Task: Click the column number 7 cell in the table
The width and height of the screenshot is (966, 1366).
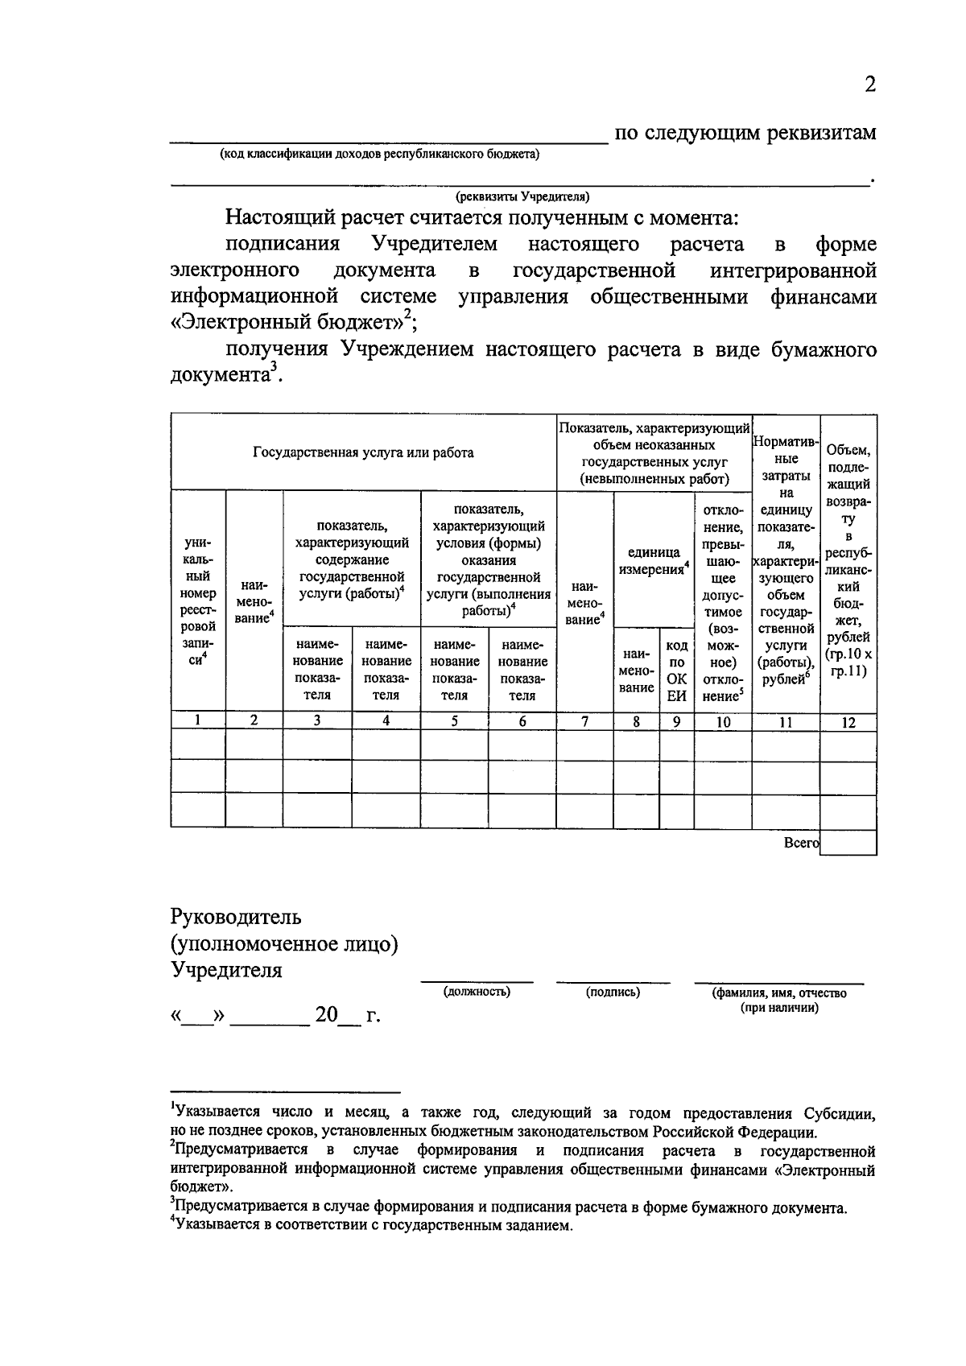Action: point(585,722)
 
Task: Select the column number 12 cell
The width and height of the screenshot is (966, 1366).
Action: point(848,722)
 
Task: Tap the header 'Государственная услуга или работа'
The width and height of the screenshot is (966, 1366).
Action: point(363,452)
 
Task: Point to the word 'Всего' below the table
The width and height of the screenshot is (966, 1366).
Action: point(801,843)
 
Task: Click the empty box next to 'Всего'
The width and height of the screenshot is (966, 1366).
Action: point(848,843)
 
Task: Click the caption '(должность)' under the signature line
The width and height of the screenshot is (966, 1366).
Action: point(477,992)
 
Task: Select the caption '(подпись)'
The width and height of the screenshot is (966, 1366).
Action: point(613,992)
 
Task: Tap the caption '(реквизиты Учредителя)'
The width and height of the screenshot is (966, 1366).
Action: point(522,196)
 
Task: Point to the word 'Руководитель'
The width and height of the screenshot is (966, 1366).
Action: point(236,917)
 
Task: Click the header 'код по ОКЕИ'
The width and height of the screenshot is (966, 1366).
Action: point(677,671)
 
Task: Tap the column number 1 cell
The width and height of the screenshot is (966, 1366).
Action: point(197,722)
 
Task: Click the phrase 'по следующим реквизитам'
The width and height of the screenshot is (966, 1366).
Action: point(745,133)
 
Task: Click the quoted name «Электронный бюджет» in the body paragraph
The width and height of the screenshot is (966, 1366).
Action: point(287,323)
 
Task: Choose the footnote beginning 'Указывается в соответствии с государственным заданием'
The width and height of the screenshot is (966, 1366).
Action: point(371,1226)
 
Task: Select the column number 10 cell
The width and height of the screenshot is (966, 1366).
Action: point(723,722)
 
